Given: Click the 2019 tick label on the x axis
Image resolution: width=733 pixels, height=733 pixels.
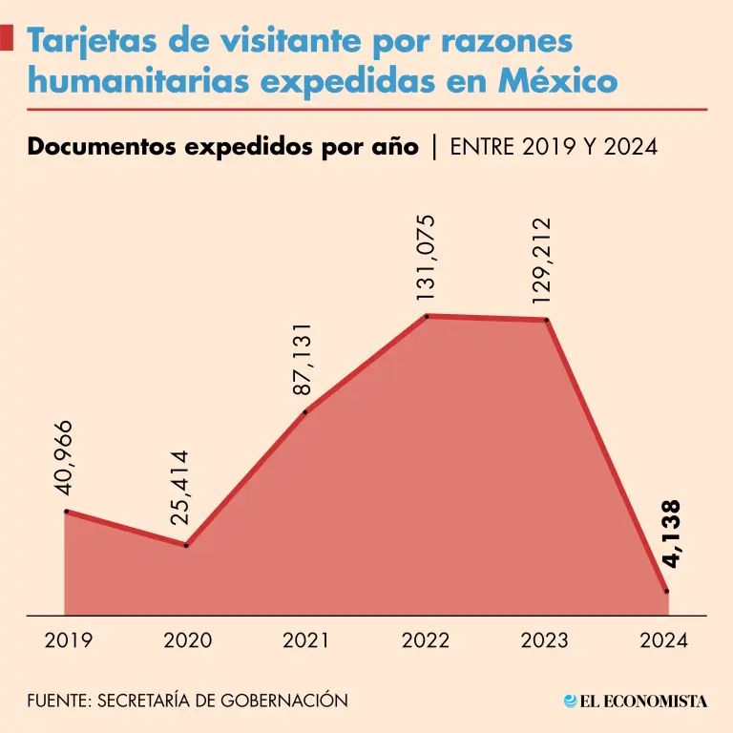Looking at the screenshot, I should [x=69, y=640].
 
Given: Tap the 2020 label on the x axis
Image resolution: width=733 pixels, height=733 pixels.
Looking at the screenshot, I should [x=188, y=640].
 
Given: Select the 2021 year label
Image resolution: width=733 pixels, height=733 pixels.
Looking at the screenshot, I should [x=306, y=640].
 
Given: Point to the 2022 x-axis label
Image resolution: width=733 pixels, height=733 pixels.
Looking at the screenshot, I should [x=426, y=640].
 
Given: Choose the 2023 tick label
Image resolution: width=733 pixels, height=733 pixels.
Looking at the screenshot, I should [x=545, y=640].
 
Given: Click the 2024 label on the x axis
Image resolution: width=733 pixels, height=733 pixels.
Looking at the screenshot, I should [x=664, y=640].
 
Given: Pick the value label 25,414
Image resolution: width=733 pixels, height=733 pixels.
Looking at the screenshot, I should [x=181, y=489].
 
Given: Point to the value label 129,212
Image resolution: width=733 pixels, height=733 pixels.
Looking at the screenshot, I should [x=542, y=261].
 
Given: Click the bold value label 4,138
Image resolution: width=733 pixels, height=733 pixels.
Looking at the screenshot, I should [x=671, y=534].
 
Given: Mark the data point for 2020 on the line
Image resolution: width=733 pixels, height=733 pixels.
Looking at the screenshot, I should [x=186, y=545].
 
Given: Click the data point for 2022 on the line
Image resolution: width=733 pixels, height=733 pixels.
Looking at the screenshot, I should [x=427, y=316].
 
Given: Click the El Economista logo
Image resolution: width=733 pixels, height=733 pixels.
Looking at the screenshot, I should [x=636, y=702].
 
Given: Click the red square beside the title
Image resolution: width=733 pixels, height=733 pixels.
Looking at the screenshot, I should [x=7, y=39].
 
